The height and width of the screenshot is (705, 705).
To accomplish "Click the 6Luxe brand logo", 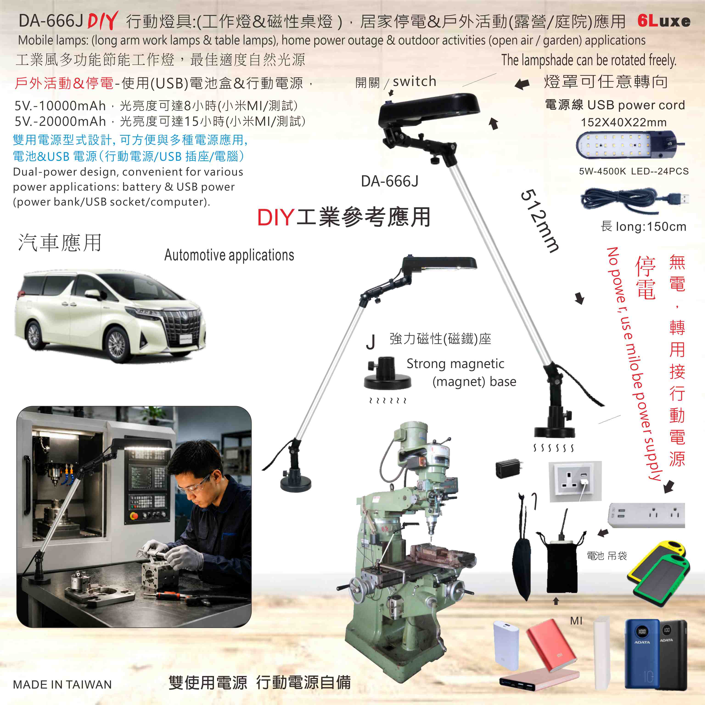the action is pyautogui.click(x=664, y=21).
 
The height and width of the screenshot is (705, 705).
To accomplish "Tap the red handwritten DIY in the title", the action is pyautogui.click(x=103, y=20).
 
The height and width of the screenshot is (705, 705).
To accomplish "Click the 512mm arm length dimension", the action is pyautogui.click(x=539, y=221).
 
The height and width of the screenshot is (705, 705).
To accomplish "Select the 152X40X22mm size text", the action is pyautogui.click(x=624, y=122).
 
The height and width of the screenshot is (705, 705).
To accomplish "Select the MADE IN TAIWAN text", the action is pyautogui.click(x=62, y=685).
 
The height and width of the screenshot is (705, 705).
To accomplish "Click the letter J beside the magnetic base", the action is pyautogui.click(x=370, y=342).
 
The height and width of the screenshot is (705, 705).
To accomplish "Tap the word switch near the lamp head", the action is pyautogui.click(x=415, y=81).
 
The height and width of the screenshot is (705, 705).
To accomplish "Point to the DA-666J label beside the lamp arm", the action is pyautogui.click(x=390, y=181).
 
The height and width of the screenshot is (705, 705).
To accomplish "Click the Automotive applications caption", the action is pyautogui.click(x=229, y=255).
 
